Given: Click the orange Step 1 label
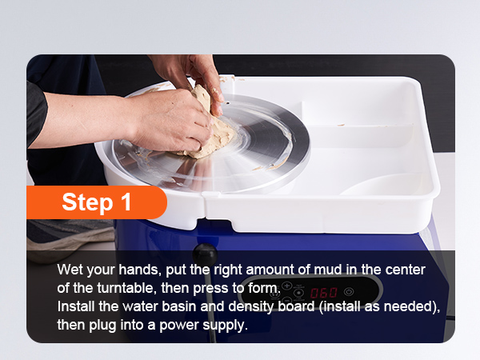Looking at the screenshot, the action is point(97,202).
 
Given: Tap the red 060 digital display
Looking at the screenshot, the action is point(324,293).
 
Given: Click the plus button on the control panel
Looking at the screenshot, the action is point(287,286).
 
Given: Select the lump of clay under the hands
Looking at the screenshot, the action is point(211,126).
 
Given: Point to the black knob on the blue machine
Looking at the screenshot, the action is point(205,254).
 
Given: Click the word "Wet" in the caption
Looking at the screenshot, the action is point(70,270).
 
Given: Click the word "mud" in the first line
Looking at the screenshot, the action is point(327,270).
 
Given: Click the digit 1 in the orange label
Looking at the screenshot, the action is point(126,202).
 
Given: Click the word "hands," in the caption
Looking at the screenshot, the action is point(140,270).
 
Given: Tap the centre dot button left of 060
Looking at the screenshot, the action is point(298,293).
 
